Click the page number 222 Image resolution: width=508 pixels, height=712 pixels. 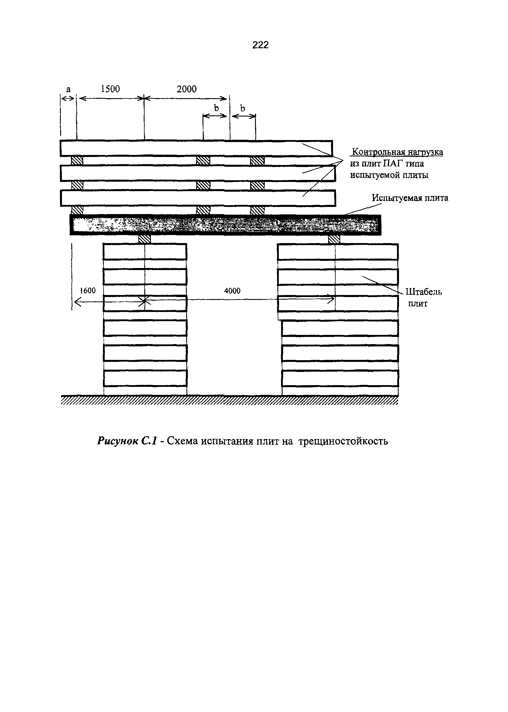coord(260,45)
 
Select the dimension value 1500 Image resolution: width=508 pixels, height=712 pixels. coord(110,89)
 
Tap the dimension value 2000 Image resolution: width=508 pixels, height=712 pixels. coord(186,89)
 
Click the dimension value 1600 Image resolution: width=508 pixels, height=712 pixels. coord(87,291)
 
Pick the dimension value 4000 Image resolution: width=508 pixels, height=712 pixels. coord(232,291)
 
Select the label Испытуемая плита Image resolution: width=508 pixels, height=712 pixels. coord(410,198)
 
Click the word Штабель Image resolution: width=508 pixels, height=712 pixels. coord(424,292)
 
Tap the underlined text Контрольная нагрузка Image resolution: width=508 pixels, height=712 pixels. coord(397,152)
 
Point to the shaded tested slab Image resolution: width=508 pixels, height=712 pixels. coord(225,225)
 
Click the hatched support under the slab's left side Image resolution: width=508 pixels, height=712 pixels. coord(145,239)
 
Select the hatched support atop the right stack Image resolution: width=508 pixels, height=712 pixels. coord(334,239)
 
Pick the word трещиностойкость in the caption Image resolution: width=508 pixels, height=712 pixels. coord(343,441)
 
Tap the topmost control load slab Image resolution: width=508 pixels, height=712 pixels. coord(196,148)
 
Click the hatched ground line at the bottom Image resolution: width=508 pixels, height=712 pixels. coord(229,400)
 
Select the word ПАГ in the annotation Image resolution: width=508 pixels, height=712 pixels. coord(394,164)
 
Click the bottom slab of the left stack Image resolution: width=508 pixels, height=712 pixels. coord(145,378)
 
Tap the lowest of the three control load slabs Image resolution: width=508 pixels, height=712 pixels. coord(198,198)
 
